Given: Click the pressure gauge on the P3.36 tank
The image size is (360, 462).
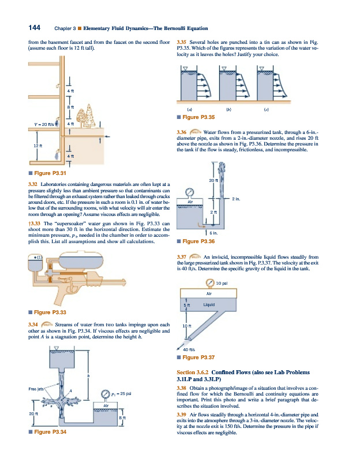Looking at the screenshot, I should point(189,192).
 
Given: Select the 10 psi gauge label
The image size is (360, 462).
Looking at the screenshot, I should point(220,283).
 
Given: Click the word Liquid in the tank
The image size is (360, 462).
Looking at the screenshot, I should point(209,304).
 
